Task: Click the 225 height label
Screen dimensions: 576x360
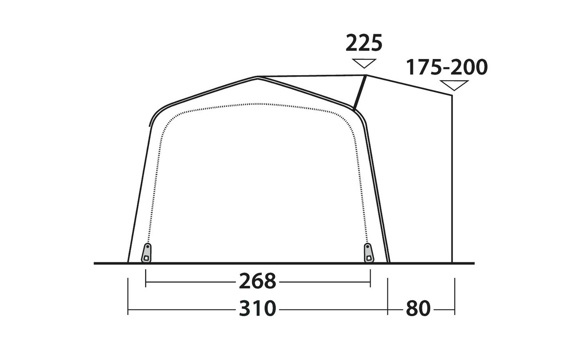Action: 364,43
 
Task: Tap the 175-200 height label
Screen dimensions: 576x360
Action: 447,67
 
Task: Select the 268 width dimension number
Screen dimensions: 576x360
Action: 258,281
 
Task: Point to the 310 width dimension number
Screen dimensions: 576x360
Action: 258,309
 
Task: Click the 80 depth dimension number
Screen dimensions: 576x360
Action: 418,309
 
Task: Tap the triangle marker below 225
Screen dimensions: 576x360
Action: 364,63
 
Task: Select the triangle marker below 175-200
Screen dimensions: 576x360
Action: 454,85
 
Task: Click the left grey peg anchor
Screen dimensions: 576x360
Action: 147,253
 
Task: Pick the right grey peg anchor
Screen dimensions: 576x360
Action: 369,253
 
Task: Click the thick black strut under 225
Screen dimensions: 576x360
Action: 360,92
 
